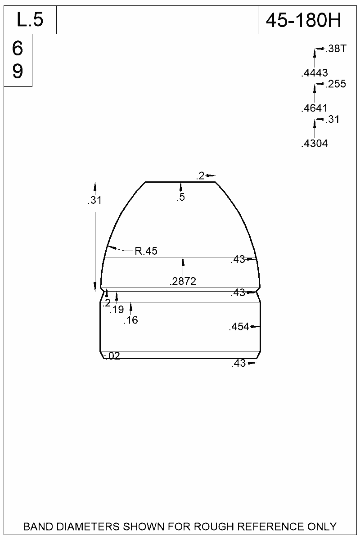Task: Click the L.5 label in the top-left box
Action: pyautogui.click(x=30, y=20)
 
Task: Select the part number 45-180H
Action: pyautogui.click(x=304, y=20)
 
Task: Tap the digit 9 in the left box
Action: pyautogui.click(x=18, y=71)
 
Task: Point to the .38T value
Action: pyautogui.click(x=335, y=49)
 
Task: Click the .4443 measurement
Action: pyautogui.click(x=314, y=73)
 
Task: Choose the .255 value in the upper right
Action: pyautogui.click(x=335, y=84)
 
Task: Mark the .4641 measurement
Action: pyautogui.click(x=314, y=108)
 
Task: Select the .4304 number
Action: pyautogui.click(x=314, y=144)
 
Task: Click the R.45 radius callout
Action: pyautogui.click(x=146, y=251)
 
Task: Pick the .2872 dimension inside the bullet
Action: pyautogui.click(x=183, y=282)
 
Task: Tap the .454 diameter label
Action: pyautogui.click(x=239, y=327)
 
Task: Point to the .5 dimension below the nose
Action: pyautogui.click(x=181, y=197)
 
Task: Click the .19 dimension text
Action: pyautogui.click(x=117, y=310)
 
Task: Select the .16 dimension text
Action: pyautogui.click(x=130, y=320)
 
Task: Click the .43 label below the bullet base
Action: pyautogui.click(x=238, y=364)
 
